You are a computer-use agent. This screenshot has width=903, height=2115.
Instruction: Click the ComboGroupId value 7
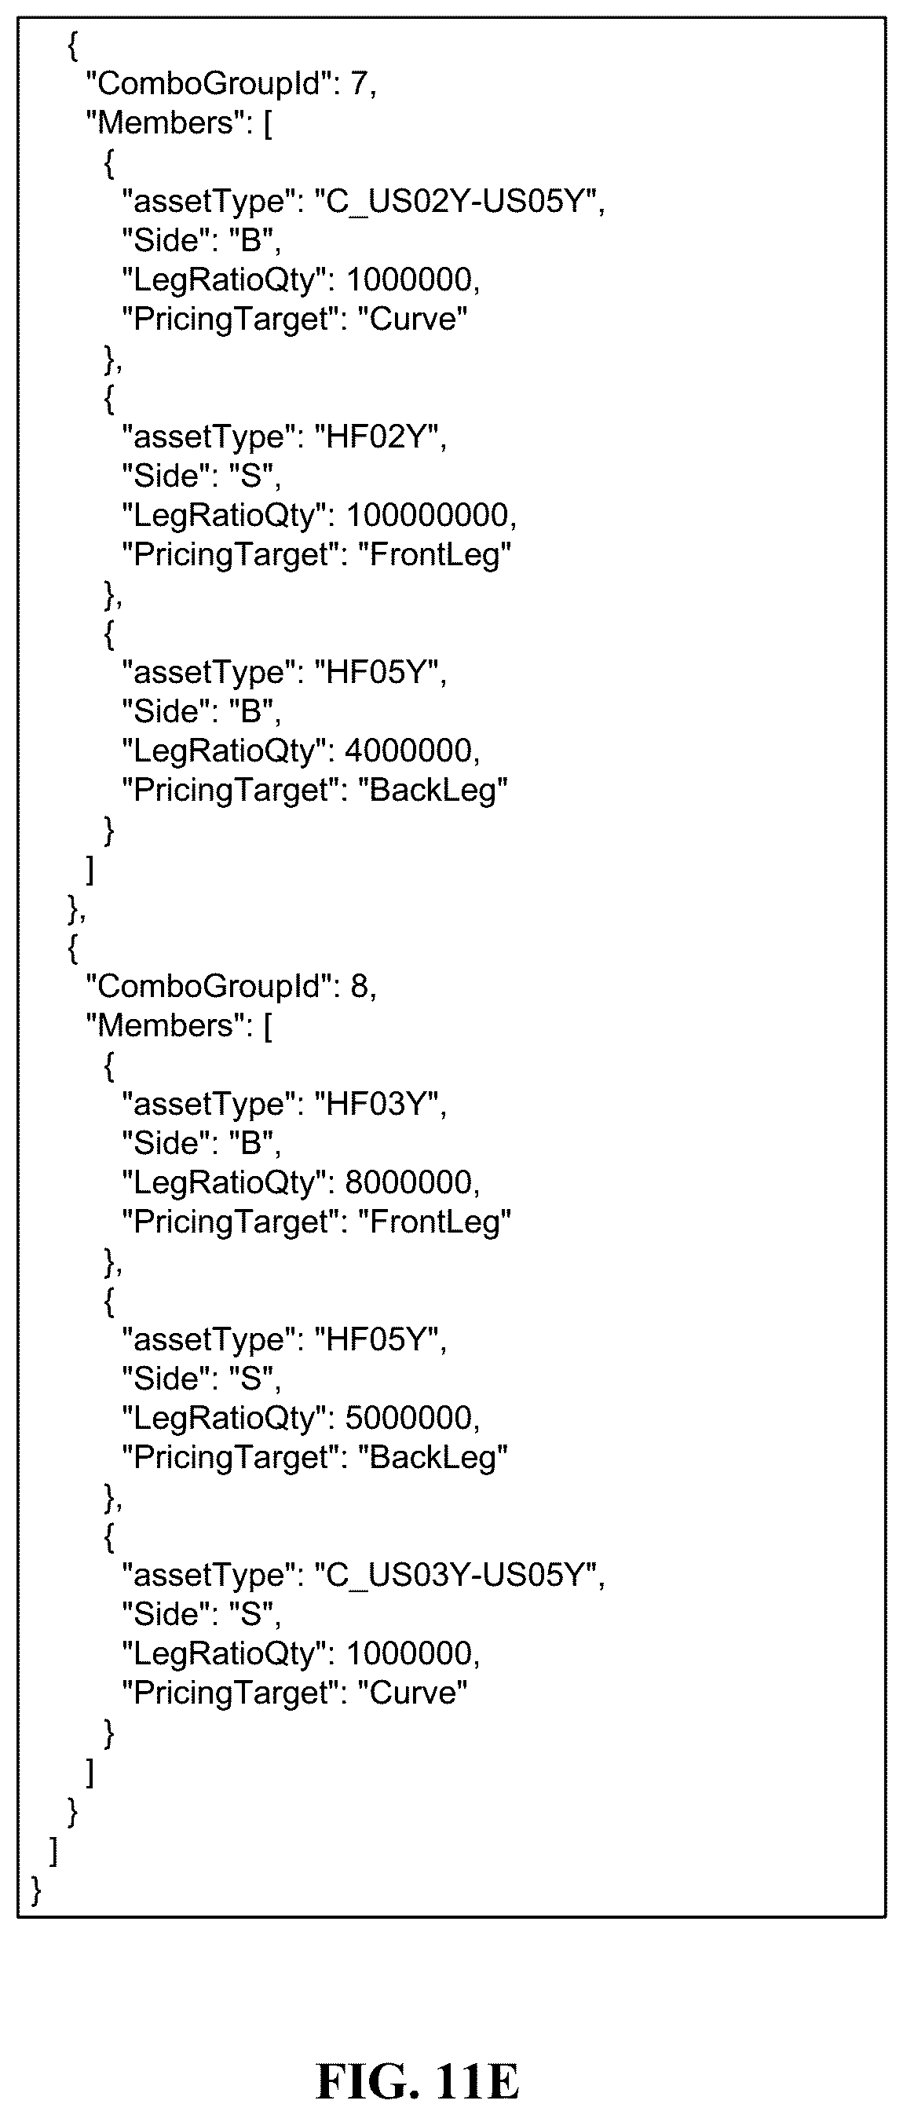360,83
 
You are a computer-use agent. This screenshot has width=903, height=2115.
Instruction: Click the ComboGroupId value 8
360,985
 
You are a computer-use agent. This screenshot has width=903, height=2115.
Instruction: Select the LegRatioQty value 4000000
408,751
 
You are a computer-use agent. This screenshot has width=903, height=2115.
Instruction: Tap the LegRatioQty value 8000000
408,1182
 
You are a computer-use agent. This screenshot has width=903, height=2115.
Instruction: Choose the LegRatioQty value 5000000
408,1418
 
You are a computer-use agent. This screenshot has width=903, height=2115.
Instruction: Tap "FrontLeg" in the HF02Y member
434,555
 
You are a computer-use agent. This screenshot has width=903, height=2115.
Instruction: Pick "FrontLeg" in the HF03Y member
434,1222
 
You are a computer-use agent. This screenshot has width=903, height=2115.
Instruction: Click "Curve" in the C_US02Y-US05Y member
412,319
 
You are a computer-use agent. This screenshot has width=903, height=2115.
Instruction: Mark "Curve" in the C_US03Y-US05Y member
412,1692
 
